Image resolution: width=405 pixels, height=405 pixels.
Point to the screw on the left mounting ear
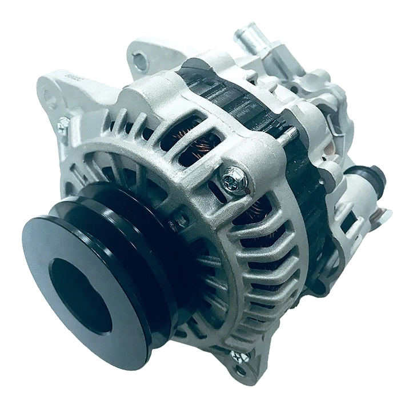tap(62, 125)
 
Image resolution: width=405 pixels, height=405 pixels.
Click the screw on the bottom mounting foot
tap(238, 357)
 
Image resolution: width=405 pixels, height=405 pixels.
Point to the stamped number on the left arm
tap(70, 77)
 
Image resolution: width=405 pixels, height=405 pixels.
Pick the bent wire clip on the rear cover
tap(337, 129)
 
